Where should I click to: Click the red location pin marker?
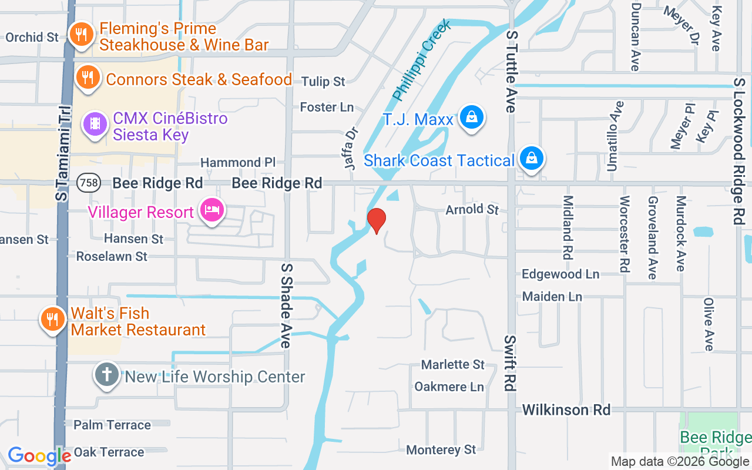(x=376, y=220)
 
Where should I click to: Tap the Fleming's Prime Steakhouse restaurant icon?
(x=78, y=35)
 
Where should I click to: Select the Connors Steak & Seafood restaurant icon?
(x=88, y=77)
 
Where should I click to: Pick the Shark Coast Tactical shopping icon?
(x=532, y=158)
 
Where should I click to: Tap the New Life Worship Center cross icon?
(x=107, y=374)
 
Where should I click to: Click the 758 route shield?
(x=88, y=183)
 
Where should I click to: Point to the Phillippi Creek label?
(x=422, y=60)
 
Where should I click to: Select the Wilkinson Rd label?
(x=566, y=409)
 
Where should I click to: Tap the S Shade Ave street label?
(x=286, y=305)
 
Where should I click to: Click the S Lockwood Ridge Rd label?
(x=740, y=150)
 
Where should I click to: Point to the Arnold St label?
(x=472, y=210)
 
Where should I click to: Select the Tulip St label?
(x=323, y=82)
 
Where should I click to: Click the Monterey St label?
(x=441, y=450)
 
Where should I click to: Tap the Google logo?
(x=39, y=456)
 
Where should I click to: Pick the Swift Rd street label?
(x=509, y=364)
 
